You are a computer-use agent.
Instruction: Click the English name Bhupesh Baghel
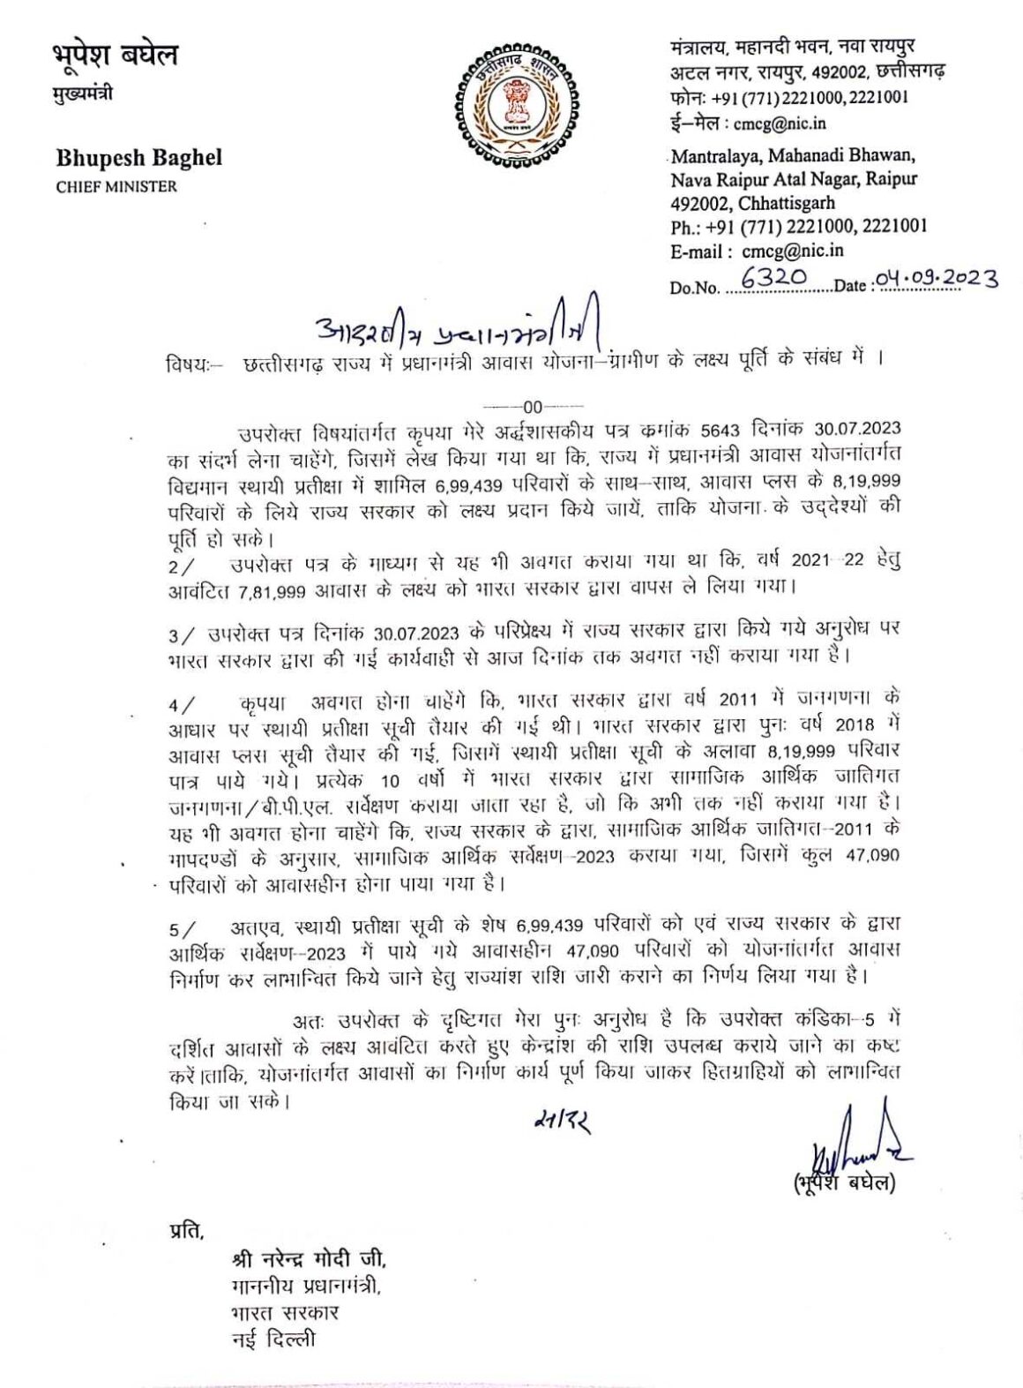[x=139, y=159]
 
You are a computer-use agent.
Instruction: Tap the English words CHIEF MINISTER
[x=116, y=186]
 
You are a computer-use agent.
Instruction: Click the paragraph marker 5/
[x=181, y=927]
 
